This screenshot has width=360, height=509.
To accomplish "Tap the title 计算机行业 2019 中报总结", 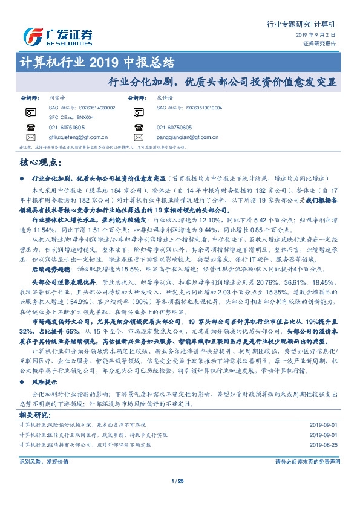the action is [x=97, y=63].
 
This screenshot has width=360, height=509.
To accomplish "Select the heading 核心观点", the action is [x=41, y=163].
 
